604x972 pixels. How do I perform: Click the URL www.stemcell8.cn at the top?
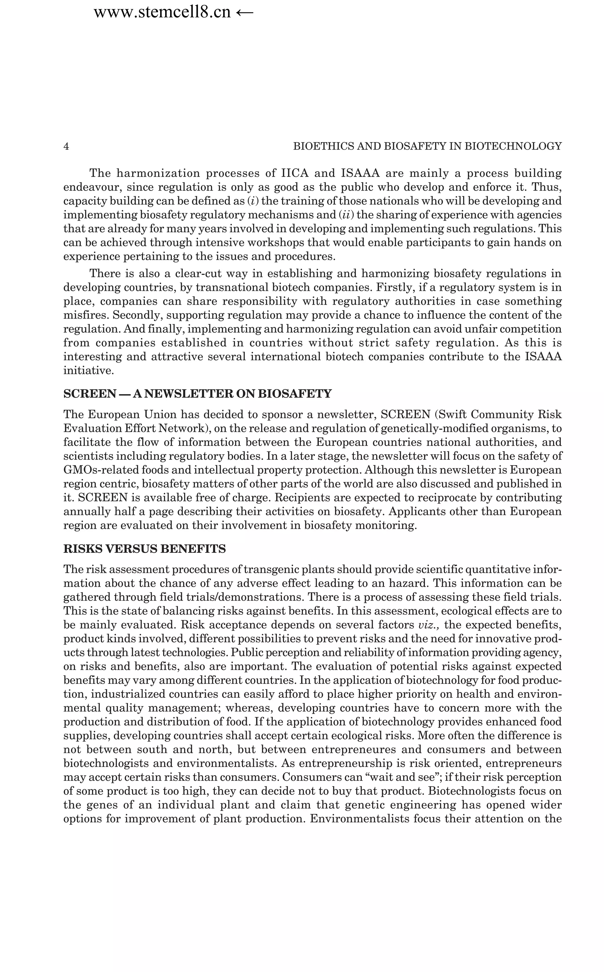coord(162,12)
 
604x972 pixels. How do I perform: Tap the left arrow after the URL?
coord(244,12)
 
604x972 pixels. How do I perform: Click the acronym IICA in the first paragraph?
coord(295,173)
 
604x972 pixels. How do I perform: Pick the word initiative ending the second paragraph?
coord(89,371)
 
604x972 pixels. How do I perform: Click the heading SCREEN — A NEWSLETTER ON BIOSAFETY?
coord(197,394)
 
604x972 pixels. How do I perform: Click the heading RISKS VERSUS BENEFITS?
coord(145,549)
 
